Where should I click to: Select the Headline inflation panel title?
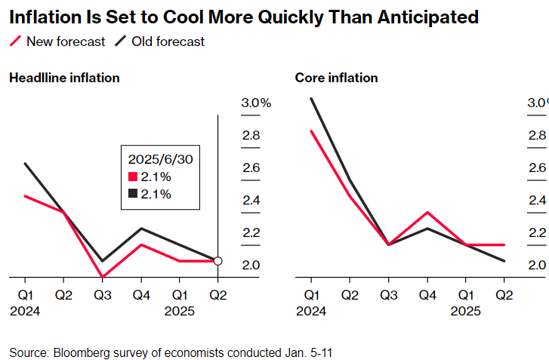coord(64,78)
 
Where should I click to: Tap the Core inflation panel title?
coord(336,78)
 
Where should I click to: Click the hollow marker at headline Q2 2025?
coord(218,261)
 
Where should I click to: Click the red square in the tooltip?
coord(133,177)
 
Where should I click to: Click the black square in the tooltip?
coord(133,194)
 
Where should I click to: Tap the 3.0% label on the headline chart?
coord(255,103)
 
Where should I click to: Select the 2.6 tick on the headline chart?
coord(251,168)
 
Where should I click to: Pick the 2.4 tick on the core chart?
coord(537,201)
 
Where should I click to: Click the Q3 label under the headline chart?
coord(102,294)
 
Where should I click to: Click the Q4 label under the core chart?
coord(427,294)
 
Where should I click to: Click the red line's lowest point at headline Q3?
coord(102,277)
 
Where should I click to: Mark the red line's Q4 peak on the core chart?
coord(427,213)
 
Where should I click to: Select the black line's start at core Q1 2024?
coord(311,98)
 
